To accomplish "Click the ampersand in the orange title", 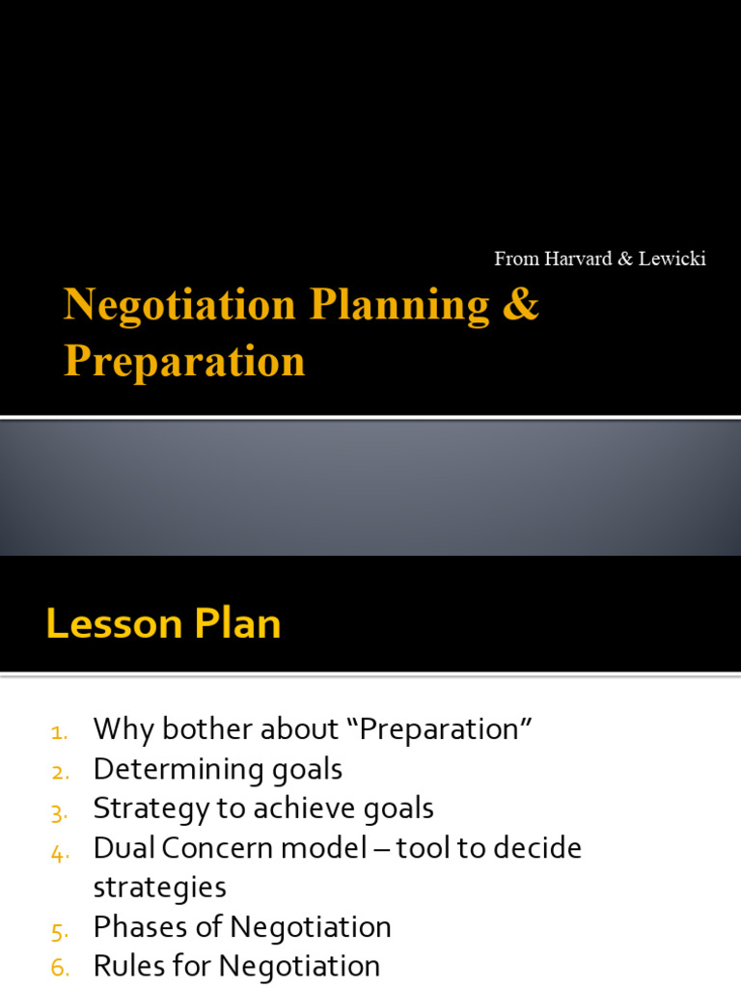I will pyautogui.click(x=520, y=305).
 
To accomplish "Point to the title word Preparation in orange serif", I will pyautogui.click(x=184, y=361).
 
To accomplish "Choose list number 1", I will pyautogui.click(x=59, y=731).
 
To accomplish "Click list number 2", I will pyautogui.click(x=59, y=771).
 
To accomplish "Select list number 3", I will pyautogui.click(x=59, y=810).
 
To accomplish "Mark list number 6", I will pyautogui.click(x=59, y=968).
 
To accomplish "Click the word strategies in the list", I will pyautogui.click(x=160, y=888).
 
